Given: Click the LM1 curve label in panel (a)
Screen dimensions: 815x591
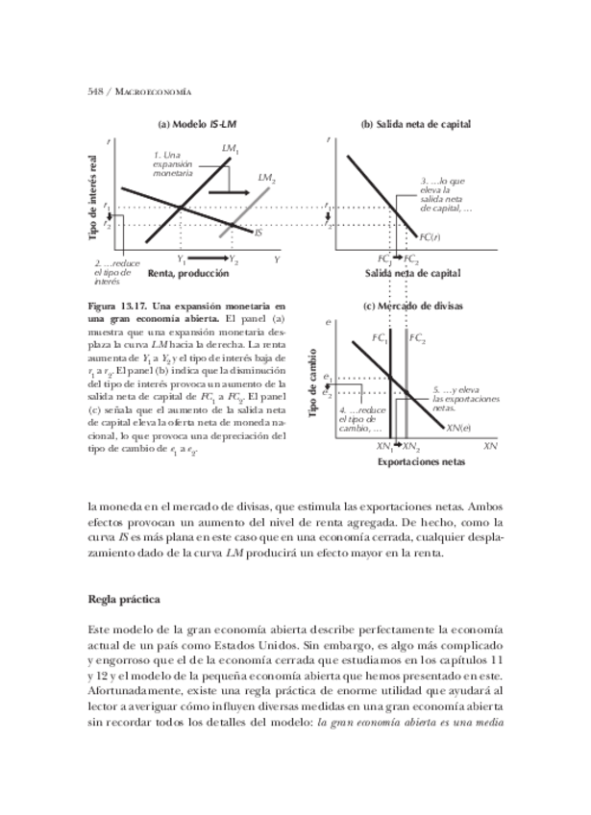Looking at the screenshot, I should click(x=231, y=149).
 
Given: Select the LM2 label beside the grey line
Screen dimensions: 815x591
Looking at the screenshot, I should click(x=266, y=178).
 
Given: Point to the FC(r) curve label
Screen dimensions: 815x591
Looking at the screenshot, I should click(x=430, y=235).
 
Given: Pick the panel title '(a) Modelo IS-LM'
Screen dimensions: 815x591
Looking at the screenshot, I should click(x=198, y=124).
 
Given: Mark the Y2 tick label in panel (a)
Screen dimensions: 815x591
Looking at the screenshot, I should click(x=234, y=259).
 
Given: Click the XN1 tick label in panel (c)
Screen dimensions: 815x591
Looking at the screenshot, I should click(x=384, y=447).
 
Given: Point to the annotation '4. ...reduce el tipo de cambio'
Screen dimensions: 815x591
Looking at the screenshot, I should click(x=355, y=419).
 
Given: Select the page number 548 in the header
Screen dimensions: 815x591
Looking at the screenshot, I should click(x=95, y=91).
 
